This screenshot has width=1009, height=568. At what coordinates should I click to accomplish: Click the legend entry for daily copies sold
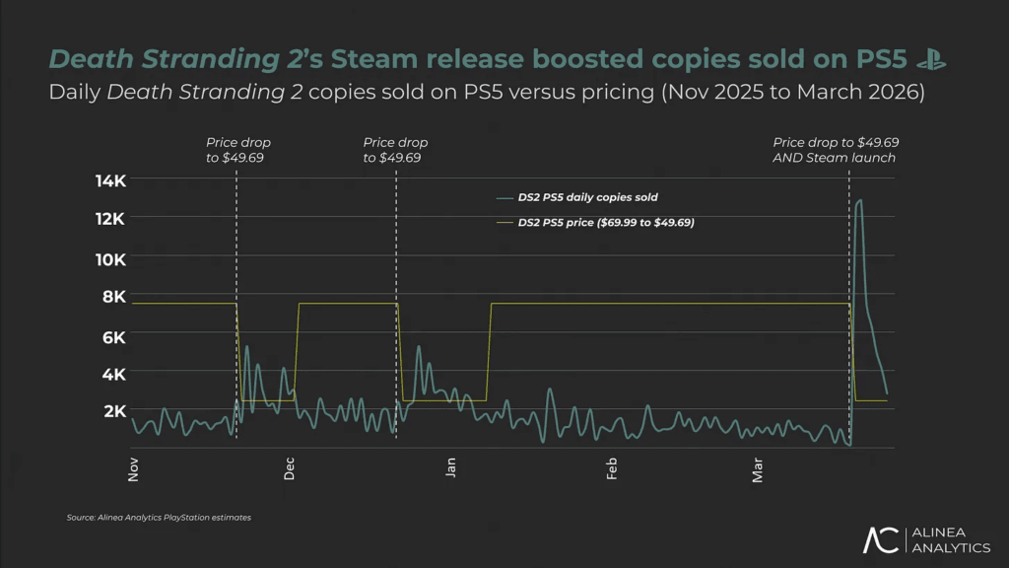pos(587,197)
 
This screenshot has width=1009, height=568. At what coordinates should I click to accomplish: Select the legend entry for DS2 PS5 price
pos(605,223)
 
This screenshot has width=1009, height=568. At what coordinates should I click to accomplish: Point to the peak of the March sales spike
pos(859,200)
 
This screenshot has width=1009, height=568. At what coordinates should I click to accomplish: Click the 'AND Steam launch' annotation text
pos(835,158)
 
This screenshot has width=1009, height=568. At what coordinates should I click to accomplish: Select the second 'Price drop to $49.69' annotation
pos(395,150)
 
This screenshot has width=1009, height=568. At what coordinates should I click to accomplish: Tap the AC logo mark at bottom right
pos(880,539)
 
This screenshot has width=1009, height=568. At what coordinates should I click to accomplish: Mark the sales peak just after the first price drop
pos(246,346)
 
